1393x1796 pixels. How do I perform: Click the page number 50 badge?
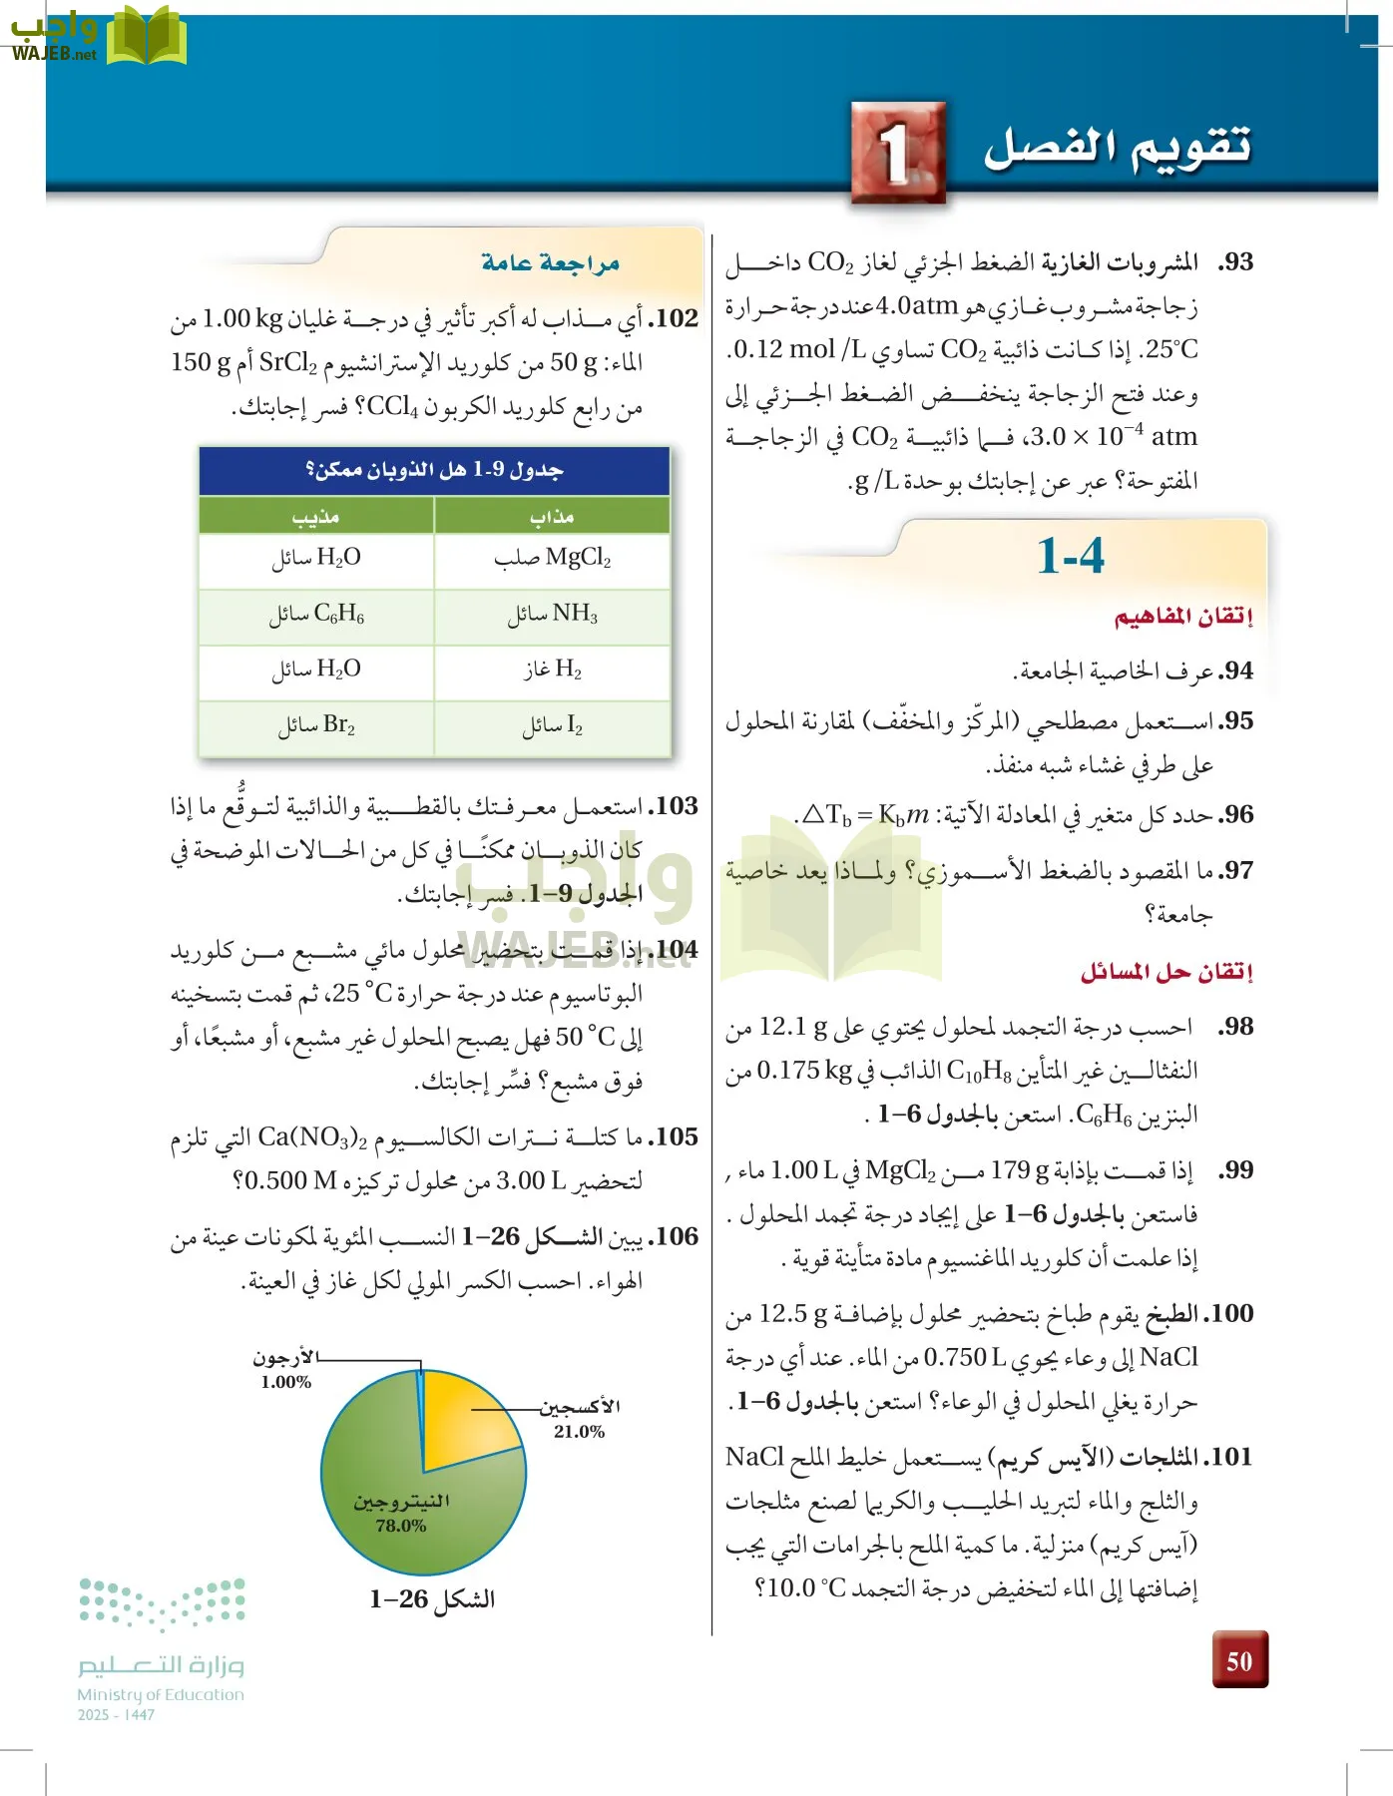pyautogui.click(x=1239, y=1660)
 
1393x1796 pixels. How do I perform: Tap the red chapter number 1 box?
pyautogui.click(x=898, y=153)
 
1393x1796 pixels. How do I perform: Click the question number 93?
pyautogui.click(x=1234, y=262)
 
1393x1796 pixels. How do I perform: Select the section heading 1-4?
pyautogui.click(x=1071, y=556)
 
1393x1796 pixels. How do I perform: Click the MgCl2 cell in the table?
pyautogui.click(x=552, y=559)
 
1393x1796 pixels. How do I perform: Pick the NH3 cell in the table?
pyautogui.click(x=552, y=615)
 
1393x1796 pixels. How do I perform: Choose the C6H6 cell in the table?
pyautogui.click(x=316, y=615)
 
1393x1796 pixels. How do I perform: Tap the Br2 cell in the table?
pyautogui.click(x=316, y=725)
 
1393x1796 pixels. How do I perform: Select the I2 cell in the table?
pyautogui.click(x=552, y=725)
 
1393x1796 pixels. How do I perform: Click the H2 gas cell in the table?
pyautogui.click(x=552, y=670)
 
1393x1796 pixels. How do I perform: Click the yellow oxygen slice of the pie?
pyautogui.click(x=464, y=1417)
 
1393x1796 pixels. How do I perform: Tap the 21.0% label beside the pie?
pyautogui.click(x=579, y=1431)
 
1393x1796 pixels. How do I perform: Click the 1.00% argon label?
pyautogui.click(x=286, y=1382)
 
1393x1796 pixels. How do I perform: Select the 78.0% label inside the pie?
pyautogui.click(x=401, y=1526)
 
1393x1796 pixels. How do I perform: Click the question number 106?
pyautogui.click(x=674, y=1237)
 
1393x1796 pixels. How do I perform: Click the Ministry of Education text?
pyautogui.click(x=161, y=1694)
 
